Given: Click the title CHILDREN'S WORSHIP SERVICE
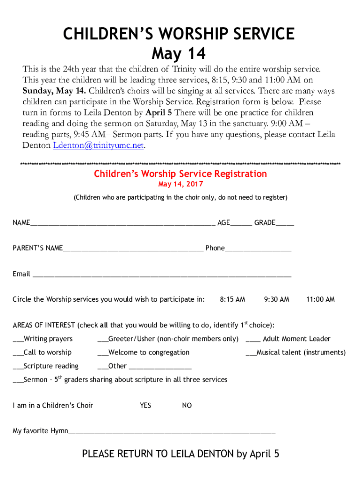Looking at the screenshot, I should [180, 34].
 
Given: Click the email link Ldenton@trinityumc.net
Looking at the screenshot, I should [98, 145].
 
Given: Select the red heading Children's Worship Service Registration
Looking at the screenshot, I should [180, 174].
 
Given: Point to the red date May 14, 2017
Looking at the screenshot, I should [180, 184].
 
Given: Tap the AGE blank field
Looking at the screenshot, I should [241, 224].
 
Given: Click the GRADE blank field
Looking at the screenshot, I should [285, 224].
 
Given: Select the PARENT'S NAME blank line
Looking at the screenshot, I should [133, 249].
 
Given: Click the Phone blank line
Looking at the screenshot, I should [258, 249].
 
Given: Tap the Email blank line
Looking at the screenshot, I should [161, 275].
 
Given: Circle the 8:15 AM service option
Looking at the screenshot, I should [232, 299].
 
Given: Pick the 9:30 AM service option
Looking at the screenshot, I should [276, 299].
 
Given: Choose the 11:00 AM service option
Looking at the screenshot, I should [320, 299].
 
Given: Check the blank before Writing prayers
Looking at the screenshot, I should [18, 340].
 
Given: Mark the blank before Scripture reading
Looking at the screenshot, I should [18, 367].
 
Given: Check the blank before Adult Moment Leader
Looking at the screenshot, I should [253, 340].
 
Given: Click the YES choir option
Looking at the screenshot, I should [145, 406].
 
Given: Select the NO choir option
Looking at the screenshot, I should [187, 406].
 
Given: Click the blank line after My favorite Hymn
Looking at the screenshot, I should [172, 431].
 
